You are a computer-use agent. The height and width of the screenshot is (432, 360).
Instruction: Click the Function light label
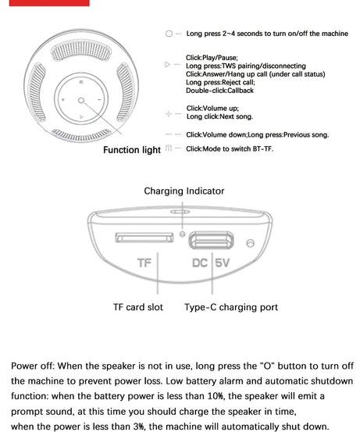(x=132, y=150)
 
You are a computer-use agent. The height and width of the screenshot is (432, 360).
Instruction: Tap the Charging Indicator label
(x=184, y=191)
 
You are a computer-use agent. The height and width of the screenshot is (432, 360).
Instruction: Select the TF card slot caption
(x=138, y=307)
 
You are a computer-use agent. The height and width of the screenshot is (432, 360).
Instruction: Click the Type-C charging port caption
(x=231, y=307)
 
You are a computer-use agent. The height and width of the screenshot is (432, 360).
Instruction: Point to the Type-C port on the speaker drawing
(x=212, y=241)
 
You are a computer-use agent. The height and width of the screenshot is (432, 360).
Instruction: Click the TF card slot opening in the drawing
(x=144, y=237)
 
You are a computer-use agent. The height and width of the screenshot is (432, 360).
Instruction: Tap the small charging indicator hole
(x=182, y=234)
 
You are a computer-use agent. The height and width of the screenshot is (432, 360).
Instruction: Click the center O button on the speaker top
(x=81, y=100)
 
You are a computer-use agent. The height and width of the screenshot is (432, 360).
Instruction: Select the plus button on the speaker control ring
(x=63, y=99)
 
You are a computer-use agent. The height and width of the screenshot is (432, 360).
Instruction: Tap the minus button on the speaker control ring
(x=99, y=100)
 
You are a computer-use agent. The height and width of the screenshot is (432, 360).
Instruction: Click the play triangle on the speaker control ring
(x=81, y=117)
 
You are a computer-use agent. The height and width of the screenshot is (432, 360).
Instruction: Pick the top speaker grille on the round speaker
(x=81, y=51)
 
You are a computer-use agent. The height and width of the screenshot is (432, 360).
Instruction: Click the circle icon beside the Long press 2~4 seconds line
(x=169, y=34)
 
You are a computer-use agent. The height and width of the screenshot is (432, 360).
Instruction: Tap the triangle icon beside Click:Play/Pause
(x=167, y=65)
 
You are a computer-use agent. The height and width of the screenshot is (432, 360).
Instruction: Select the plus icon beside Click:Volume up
(x=169, y=113)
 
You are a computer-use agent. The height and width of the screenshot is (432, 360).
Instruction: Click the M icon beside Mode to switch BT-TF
(x=169, y=148)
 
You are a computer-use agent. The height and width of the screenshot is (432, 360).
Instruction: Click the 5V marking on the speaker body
(x=223, y=262)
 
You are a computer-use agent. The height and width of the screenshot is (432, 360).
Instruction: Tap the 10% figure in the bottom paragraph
(x=216, y=396)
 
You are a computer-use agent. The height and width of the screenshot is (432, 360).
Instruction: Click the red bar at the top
(x=49, y=3)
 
